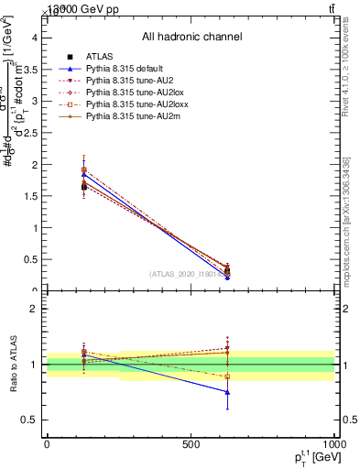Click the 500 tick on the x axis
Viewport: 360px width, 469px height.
191,444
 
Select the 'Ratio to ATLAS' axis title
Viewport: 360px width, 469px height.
12,364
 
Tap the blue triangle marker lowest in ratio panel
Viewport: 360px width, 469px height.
227,392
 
